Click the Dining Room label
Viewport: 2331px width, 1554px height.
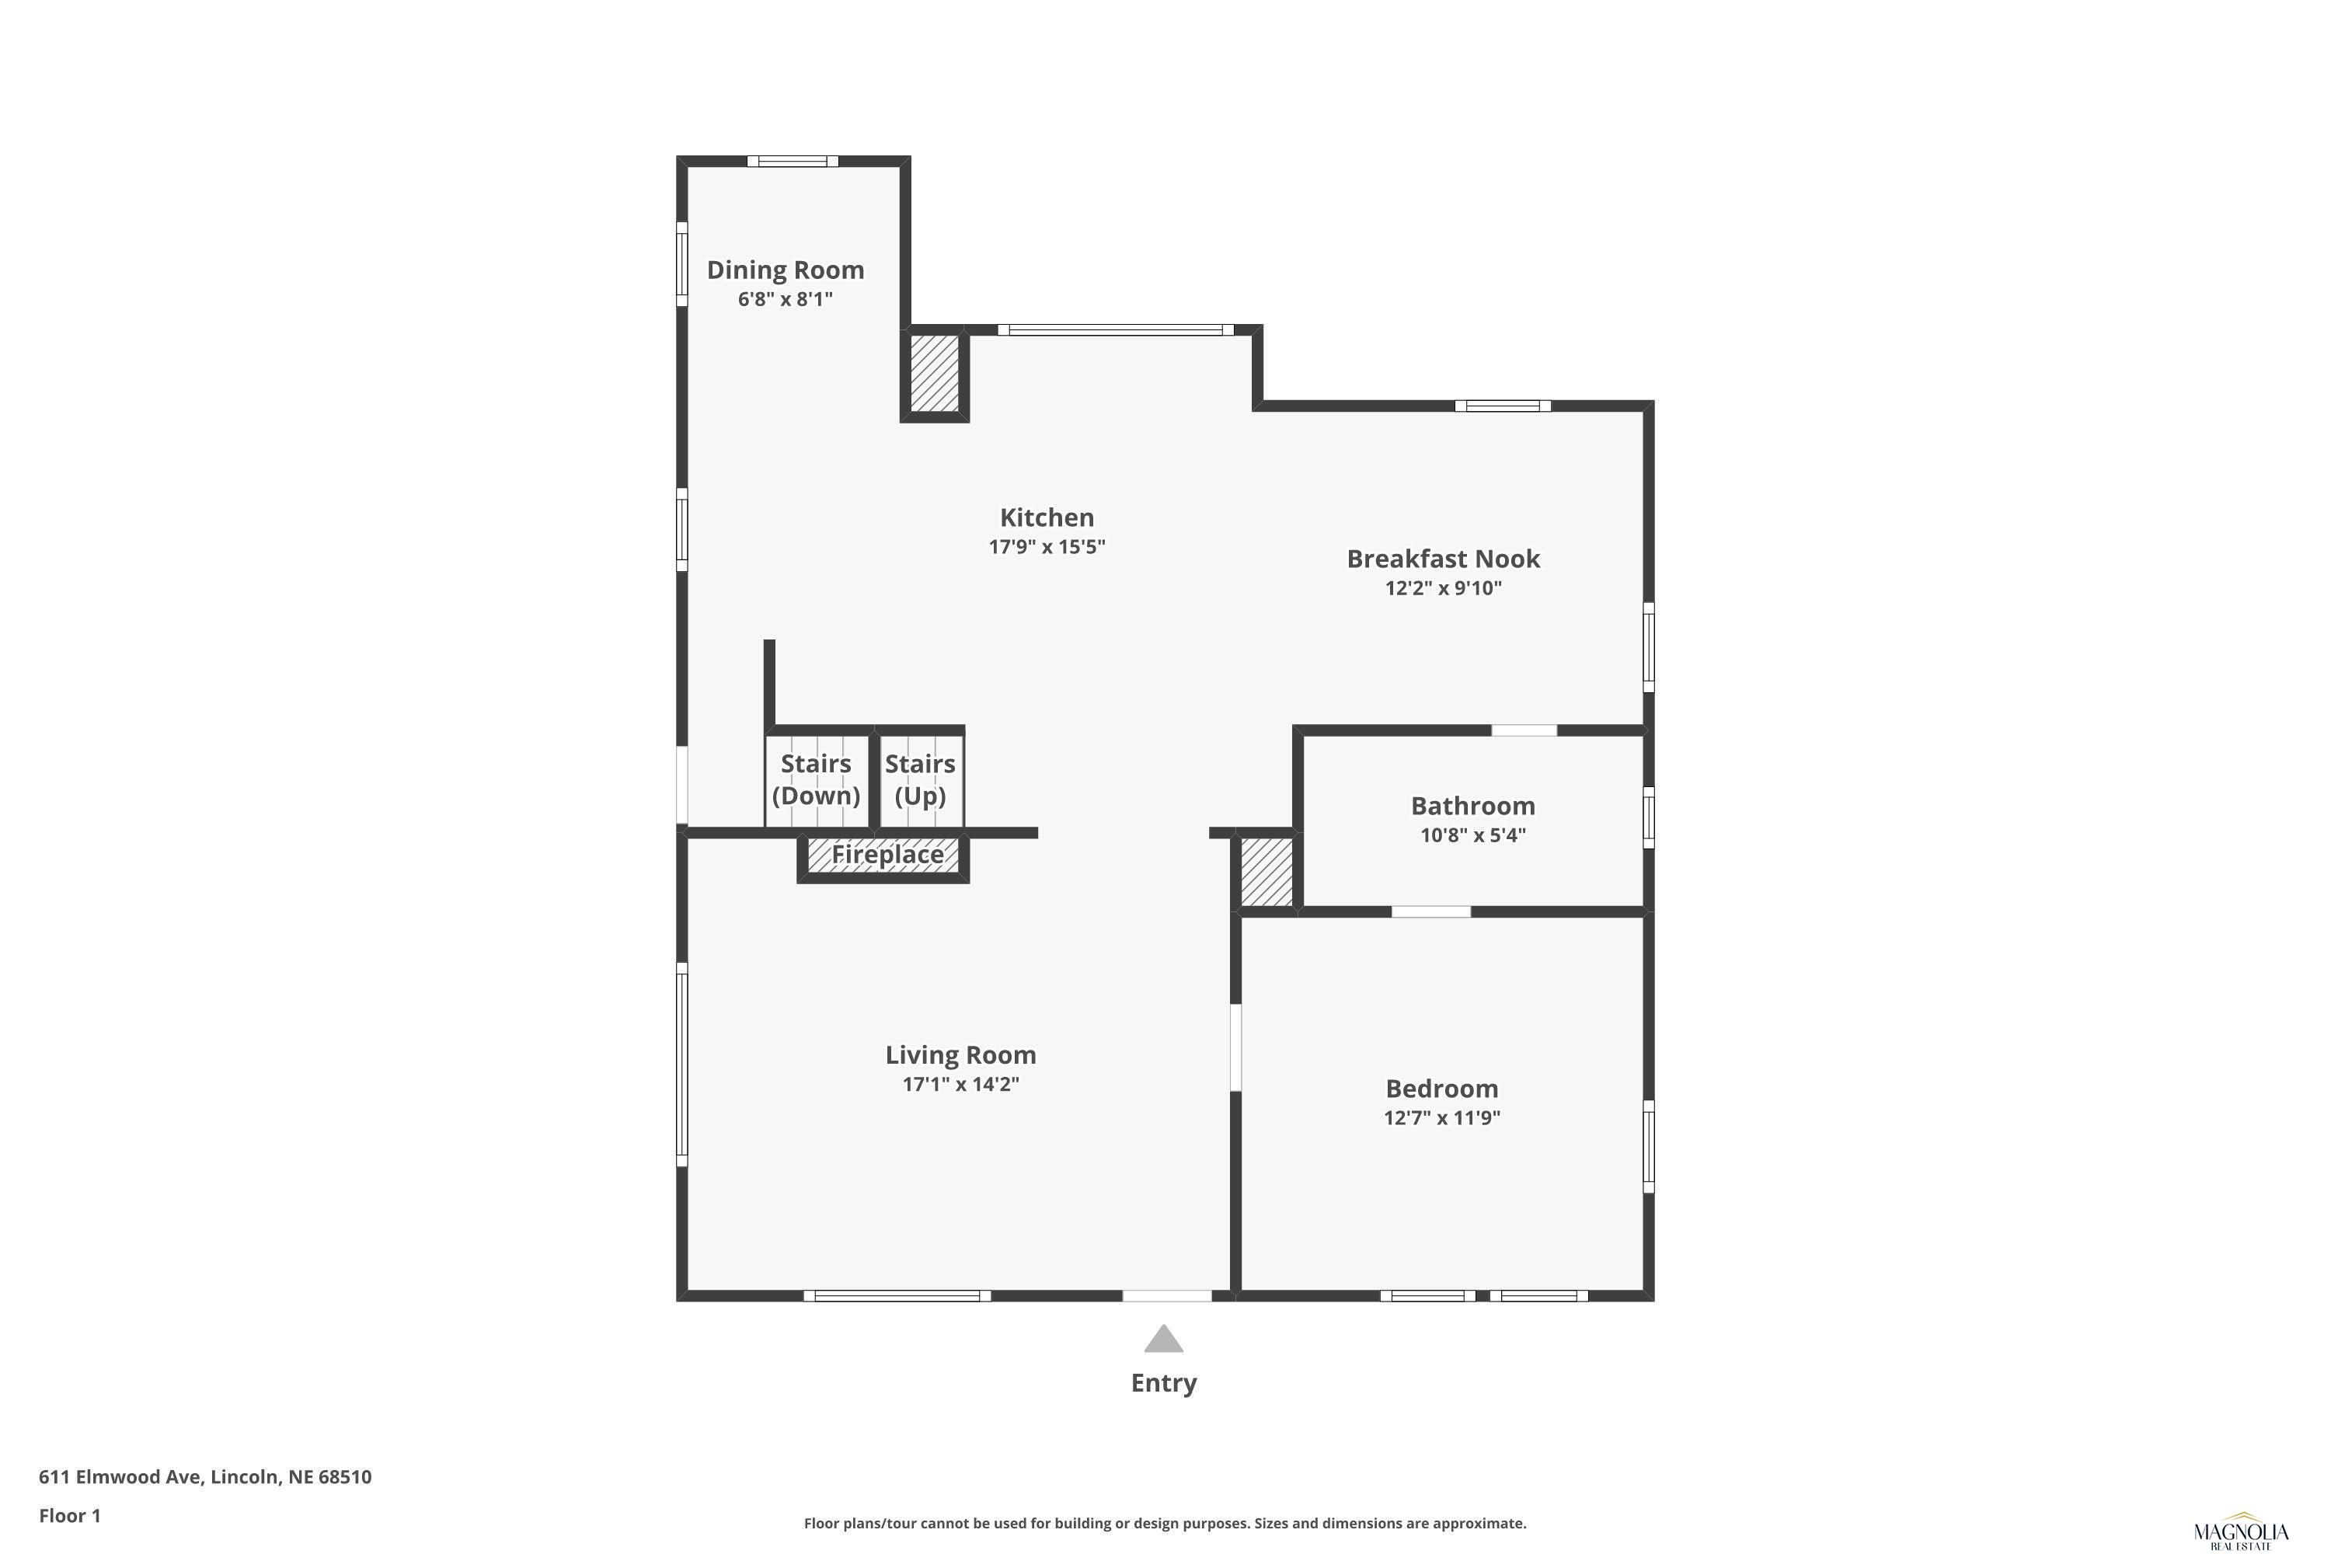point(785,270)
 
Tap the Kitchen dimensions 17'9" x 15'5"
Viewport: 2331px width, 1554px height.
point(1047,546)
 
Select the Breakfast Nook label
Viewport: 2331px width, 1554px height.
point(1443,559)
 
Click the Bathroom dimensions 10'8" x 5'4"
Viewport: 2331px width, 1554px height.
point(1472,834)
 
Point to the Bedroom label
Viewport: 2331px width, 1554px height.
point(1442,1089)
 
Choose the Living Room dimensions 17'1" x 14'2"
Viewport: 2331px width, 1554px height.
point(960,1083)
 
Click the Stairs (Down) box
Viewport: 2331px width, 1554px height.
point(817,779)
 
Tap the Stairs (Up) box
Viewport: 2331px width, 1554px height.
point(921,779)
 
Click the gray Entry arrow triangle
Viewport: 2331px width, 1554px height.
point(1163,1340)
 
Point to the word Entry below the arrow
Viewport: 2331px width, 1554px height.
point(1163,1382)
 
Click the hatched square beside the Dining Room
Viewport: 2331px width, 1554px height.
point(935,374)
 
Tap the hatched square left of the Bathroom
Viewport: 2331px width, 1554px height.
point(1267,871)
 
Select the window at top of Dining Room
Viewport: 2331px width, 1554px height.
point(793,162)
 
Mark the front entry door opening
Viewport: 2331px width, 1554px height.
point(1166,1295)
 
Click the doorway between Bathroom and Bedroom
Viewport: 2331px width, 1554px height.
point(1431,911)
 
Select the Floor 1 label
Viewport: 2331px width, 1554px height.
point(69,1515)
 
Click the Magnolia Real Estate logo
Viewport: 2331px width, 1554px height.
point(2240,1533)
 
